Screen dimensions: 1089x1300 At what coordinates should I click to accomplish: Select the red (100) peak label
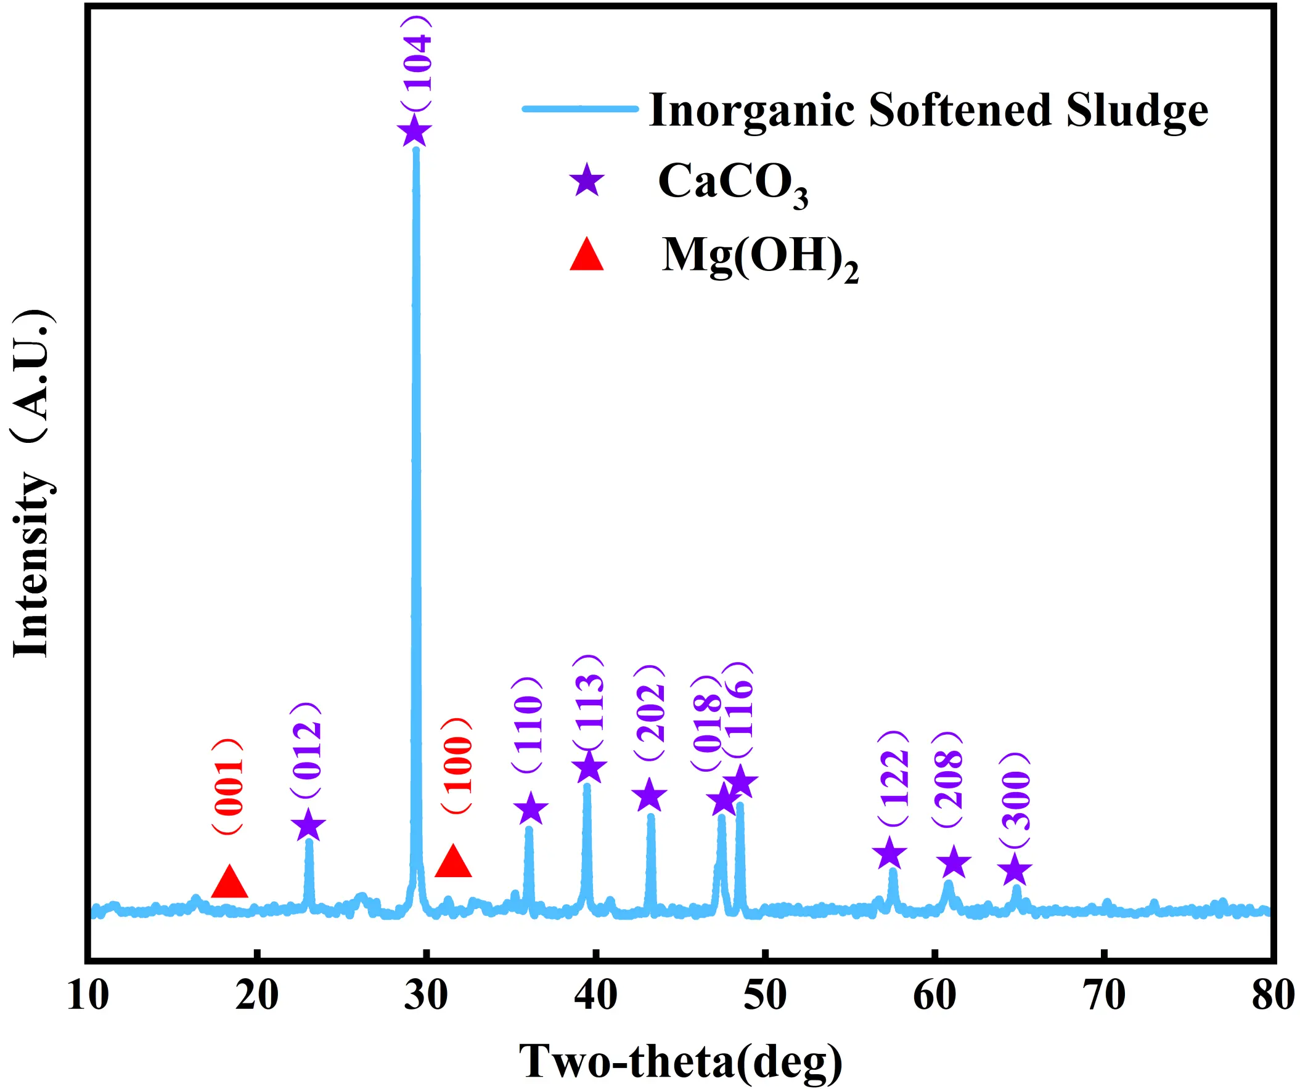[457, 766]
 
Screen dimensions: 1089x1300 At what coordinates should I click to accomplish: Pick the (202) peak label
[650, 713]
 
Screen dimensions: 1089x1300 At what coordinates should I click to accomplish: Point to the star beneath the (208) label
[954, 862]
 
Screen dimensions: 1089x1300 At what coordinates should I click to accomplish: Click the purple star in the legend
[587, 180]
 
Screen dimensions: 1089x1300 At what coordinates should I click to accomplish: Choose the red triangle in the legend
[587, 256]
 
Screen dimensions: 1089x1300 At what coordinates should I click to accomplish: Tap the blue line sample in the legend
[580, 110]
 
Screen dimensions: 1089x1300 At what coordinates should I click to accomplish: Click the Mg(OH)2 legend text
[760, 257]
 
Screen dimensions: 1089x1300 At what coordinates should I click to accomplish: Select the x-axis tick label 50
[765, 996]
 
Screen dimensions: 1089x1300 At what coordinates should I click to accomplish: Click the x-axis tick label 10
[88, 996]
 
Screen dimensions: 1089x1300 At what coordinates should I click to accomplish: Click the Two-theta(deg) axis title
[681, 1061]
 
